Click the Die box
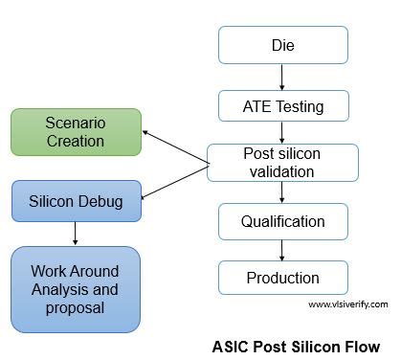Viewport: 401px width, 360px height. pyautogui.click(x=282, y=44)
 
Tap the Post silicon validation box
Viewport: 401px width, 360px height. pyautogui.click(x=282, y=163)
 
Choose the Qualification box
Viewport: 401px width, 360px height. pyautogui.click(x=282, y=221)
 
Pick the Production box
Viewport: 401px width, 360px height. pyautogui.click(x=282, y=278)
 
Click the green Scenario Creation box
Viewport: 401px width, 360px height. pyautogui.click(x=75, y=133)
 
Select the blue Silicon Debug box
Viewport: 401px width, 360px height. pyautogui.click(x=76, y=201)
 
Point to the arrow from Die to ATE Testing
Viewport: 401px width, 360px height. pyautogui.click(x=282, y=76)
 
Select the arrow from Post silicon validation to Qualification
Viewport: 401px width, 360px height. pyautogui.click(x=282, y=192)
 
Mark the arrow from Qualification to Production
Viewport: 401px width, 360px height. pyautogui.click(x=282, y=250)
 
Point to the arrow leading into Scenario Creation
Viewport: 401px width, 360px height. pyautogui.click(x=175, y=147)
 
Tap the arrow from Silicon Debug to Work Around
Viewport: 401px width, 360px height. pyautogui.click(x=75, y=234)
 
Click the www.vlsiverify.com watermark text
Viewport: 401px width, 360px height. pyautogui.click(x=347, y=304)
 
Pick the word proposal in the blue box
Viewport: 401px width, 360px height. pyautogui.click(x=76, y=309)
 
